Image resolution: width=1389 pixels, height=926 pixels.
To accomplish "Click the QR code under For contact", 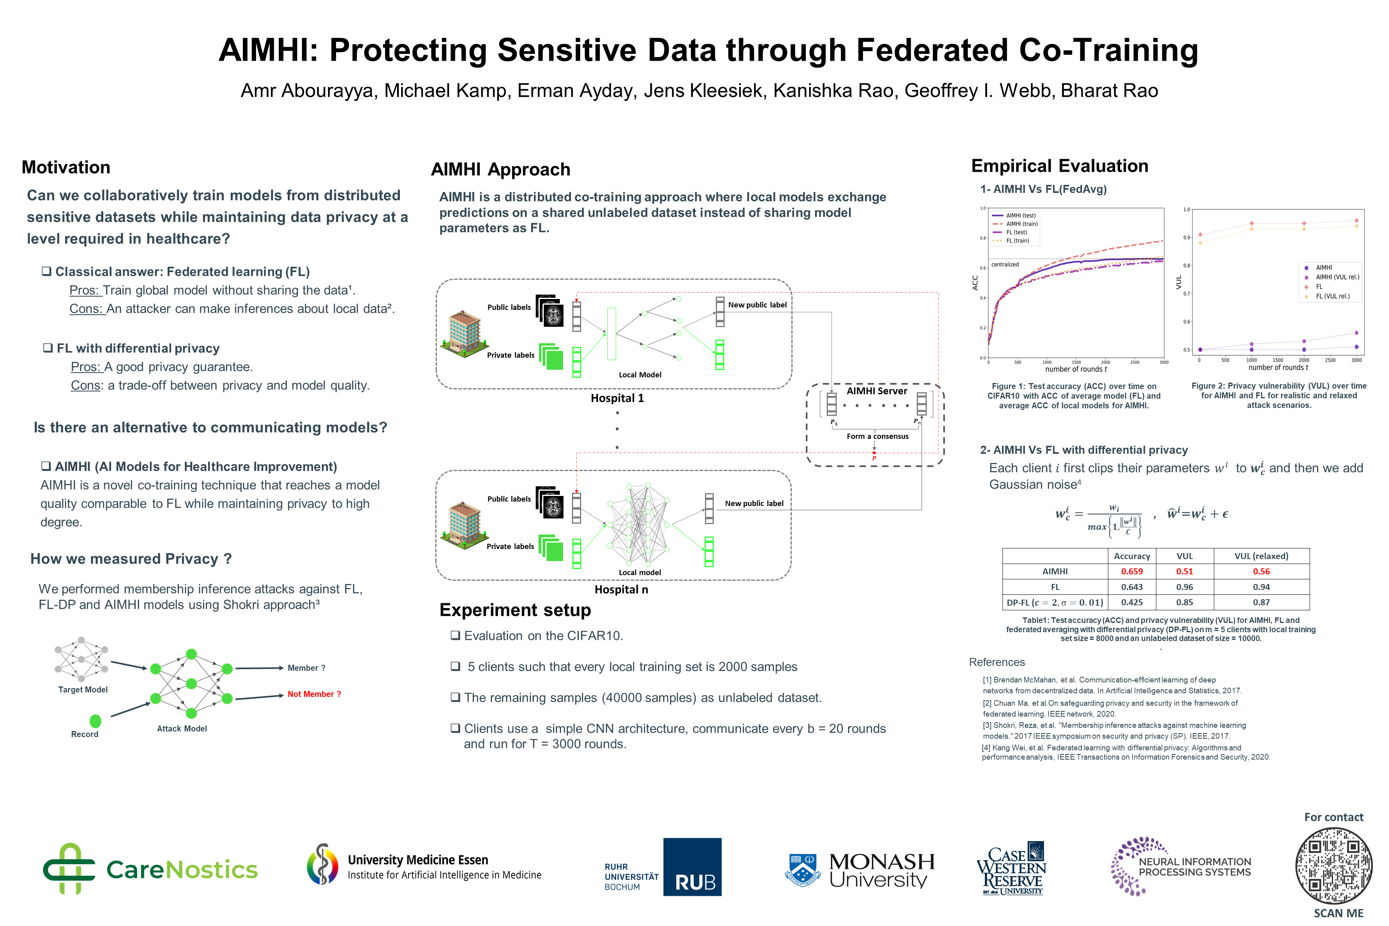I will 1334,865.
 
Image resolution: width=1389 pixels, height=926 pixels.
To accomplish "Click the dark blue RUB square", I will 692,867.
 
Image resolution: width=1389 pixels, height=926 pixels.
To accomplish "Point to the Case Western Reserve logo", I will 1011,869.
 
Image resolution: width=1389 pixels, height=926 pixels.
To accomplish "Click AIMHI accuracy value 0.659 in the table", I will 1131,571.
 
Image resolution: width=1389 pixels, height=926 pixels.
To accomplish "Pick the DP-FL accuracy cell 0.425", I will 1131,602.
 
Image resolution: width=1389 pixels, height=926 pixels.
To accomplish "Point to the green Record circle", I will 95,721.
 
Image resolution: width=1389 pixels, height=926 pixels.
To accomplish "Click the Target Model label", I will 83,690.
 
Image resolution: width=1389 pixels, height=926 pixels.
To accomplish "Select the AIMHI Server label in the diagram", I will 877,391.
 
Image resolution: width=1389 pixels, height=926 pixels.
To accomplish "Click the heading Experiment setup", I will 515,610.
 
